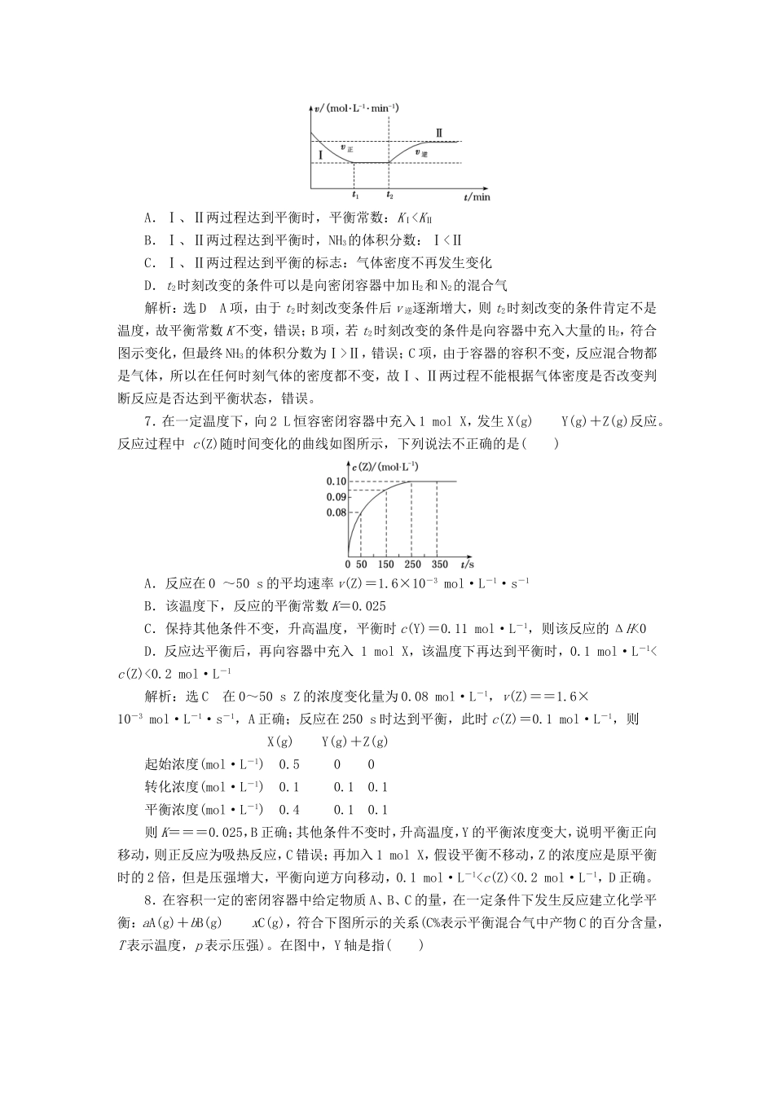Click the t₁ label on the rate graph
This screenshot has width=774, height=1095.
coord(354,196)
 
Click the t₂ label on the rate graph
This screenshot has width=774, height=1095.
coord(389,196)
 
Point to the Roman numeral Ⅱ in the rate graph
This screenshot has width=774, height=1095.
coord(440,134)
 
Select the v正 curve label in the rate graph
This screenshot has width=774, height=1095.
coord(345,148)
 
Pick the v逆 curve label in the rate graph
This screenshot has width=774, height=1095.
coord(421,152)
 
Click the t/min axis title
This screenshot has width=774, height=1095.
coord(477,196)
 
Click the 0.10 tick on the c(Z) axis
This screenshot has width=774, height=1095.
coord(336,482)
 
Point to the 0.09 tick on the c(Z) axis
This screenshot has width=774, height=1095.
coord(336,497)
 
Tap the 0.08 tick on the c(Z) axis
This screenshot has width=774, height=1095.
coord(336,512)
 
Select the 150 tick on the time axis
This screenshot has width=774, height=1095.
coord(386,564)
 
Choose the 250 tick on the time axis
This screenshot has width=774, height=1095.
coord(412,564)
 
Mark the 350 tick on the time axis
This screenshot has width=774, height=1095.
coord(439,564)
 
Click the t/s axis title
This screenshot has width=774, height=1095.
coord(467,564)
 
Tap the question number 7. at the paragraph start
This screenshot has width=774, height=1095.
coord(148,421)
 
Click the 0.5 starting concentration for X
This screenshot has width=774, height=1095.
coord(289,764)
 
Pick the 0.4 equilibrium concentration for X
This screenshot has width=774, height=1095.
coord(289,810)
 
